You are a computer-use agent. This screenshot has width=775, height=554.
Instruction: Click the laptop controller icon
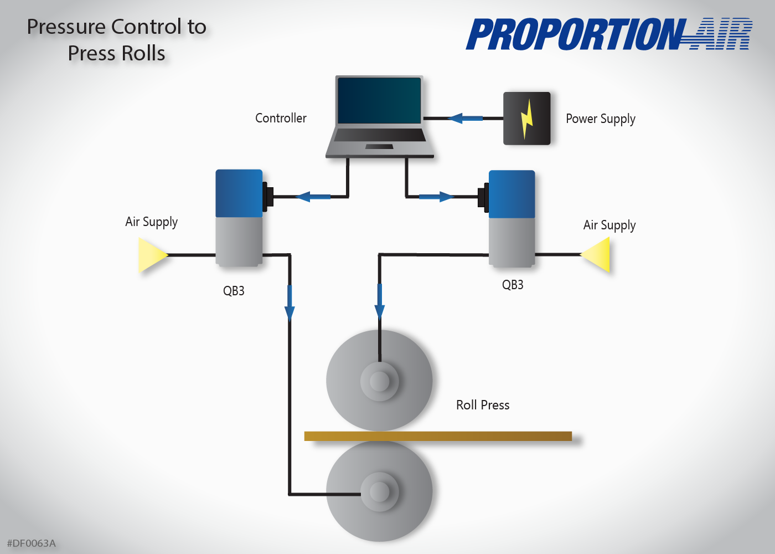coord(380,117)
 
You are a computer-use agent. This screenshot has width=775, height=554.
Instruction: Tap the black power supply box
coord(526,119)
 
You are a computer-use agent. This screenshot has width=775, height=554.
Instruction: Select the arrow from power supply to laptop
coord(465,118)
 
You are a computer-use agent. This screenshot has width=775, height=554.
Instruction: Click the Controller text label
coord(281,118)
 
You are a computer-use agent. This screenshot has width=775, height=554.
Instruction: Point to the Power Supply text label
coord(601,119)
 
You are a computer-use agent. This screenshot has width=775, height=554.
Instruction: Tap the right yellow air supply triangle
coord(597,255)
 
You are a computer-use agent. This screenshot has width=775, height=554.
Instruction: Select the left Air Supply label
coord(151,222)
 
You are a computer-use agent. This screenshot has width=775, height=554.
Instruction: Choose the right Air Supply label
coord(609,225)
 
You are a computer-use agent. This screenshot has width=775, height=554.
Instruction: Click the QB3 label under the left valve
coord(234,291)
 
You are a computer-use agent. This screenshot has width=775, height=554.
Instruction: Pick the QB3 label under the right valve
coord(513,285)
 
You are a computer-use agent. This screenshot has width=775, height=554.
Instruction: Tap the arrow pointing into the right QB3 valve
coord(437,197)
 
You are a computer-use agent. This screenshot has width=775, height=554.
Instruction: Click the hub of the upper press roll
coord(379,381)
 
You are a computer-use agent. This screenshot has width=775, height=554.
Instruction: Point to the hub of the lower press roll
coord(379,491)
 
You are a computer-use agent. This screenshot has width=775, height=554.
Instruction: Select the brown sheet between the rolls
coord(438,437)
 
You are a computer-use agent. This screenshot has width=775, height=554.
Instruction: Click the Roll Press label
coord(483,405)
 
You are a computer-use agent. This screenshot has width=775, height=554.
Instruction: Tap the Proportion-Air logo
coord(609,34)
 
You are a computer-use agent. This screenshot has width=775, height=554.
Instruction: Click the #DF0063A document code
coord(31,543)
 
